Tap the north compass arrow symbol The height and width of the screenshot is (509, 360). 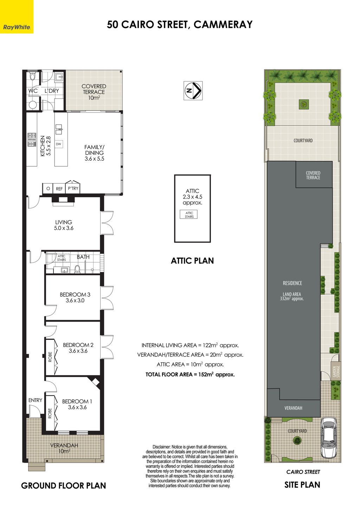point(193,90)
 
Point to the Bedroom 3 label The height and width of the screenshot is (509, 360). point(75,297)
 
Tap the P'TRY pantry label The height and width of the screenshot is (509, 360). point(73,188)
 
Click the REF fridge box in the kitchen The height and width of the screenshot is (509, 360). point(59,189)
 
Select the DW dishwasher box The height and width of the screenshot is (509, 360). point(59,144)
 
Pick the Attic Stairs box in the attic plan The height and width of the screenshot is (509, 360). point(189,214)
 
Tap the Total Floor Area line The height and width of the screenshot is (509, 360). point(190,374)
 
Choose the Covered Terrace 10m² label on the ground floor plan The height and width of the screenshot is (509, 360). point(94,92)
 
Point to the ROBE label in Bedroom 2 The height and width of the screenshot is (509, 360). point(50,357)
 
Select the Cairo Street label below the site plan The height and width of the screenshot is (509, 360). point(303,472)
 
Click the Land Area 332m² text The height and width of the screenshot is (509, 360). point(292,296)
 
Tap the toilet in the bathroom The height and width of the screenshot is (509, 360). point(77,269)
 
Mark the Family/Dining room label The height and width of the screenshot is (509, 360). point(94,153)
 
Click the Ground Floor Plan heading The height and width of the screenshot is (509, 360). point(64,485)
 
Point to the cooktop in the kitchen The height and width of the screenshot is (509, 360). point(32,140)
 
